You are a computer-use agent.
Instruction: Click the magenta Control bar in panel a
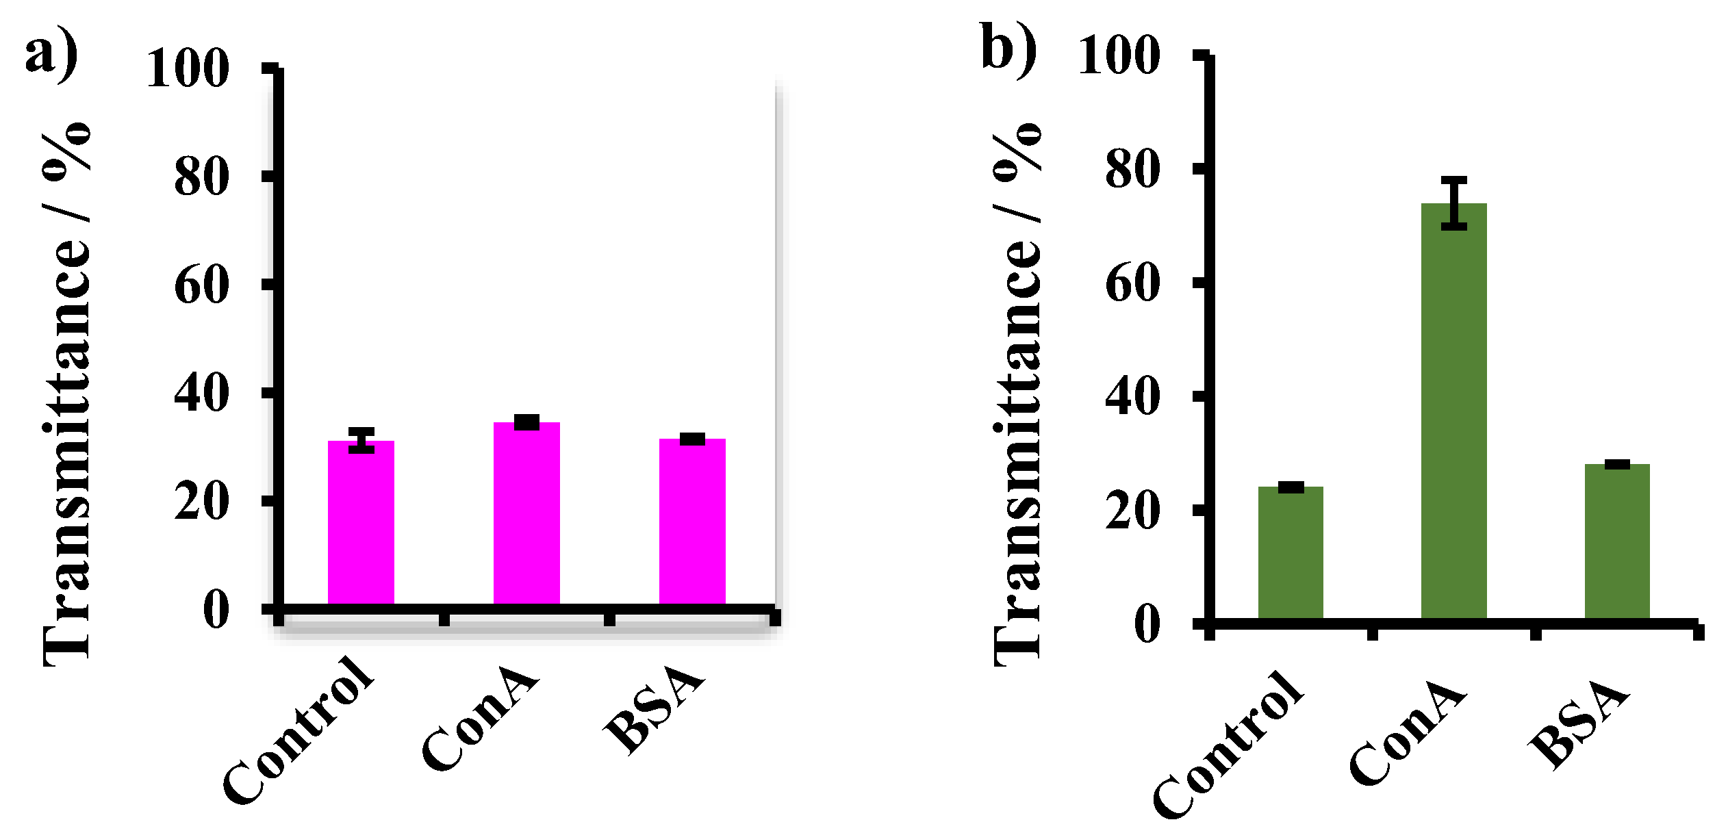(361, 524)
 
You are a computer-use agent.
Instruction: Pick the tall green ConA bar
(1453, 411)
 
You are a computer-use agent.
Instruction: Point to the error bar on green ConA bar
(1454, 203)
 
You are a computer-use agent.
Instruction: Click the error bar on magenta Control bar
(361, 440)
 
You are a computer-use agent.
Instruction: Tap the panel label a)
(51, 55)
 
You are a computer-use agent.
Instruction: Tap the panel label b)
(1008, 47)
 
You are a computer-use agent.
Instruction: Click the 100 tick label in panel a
(188, 69)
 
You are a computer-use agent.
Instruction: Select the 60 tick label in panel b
(1132, 284)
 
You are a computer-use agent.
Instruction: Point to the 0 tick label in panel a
(216, 609)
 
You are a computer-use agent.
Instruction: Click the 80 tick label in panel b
(1132, 170)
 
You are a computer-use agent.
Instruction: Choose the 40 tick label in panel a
(201, 394)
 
